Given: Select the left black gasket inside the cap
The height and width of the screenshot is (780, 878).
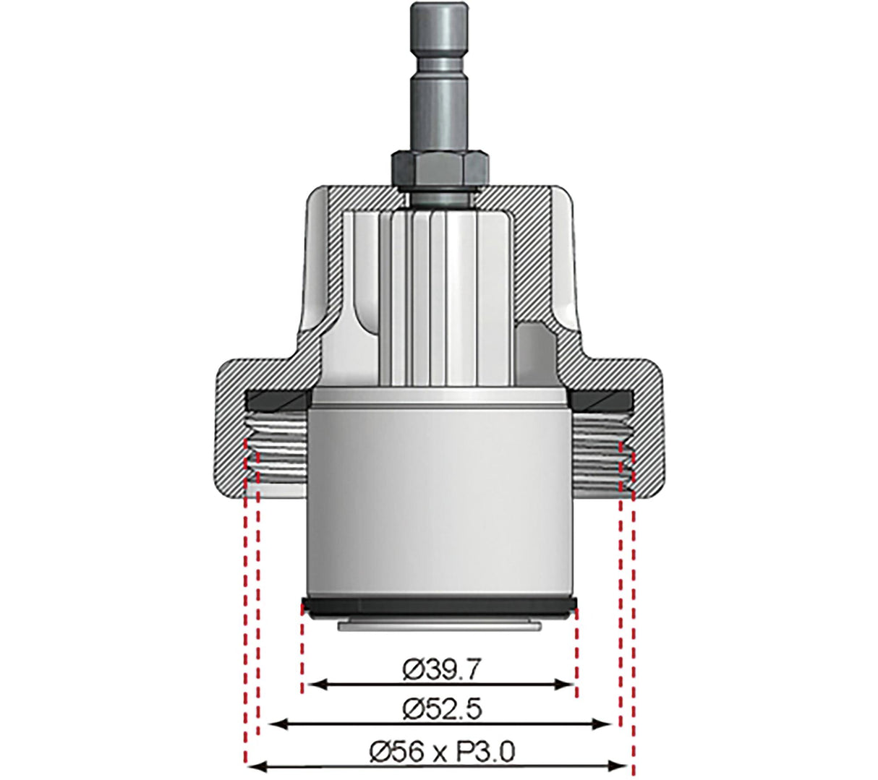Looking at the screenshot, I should (x=278, y=398).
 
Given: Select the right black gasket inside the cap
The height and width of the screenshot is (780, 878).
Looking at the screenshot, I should (x=602, y=398).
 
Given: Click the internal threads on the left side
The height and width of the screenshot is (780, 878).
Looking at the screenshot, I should (x=278, y=455).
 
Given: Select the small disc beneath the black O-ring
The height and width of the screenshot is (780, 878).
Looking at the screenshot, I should (x=439, y=624).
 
